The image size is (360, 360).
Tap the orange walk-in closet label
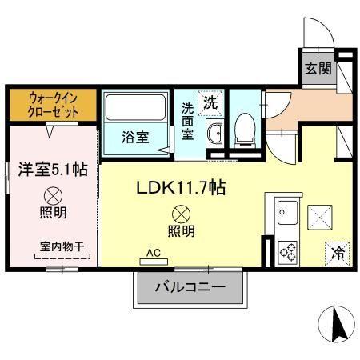coord(53,102)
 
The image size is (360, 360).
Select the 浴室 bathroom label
coord(135,138)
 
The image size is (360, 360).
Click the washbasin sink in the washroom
coord(214,134)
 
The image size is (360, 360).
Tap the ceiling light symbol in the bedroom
coord(54,194)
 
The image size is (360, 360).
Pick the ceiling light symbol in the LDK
coord(182,214)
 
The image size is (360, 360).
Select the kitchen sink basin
coord(288,214)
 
